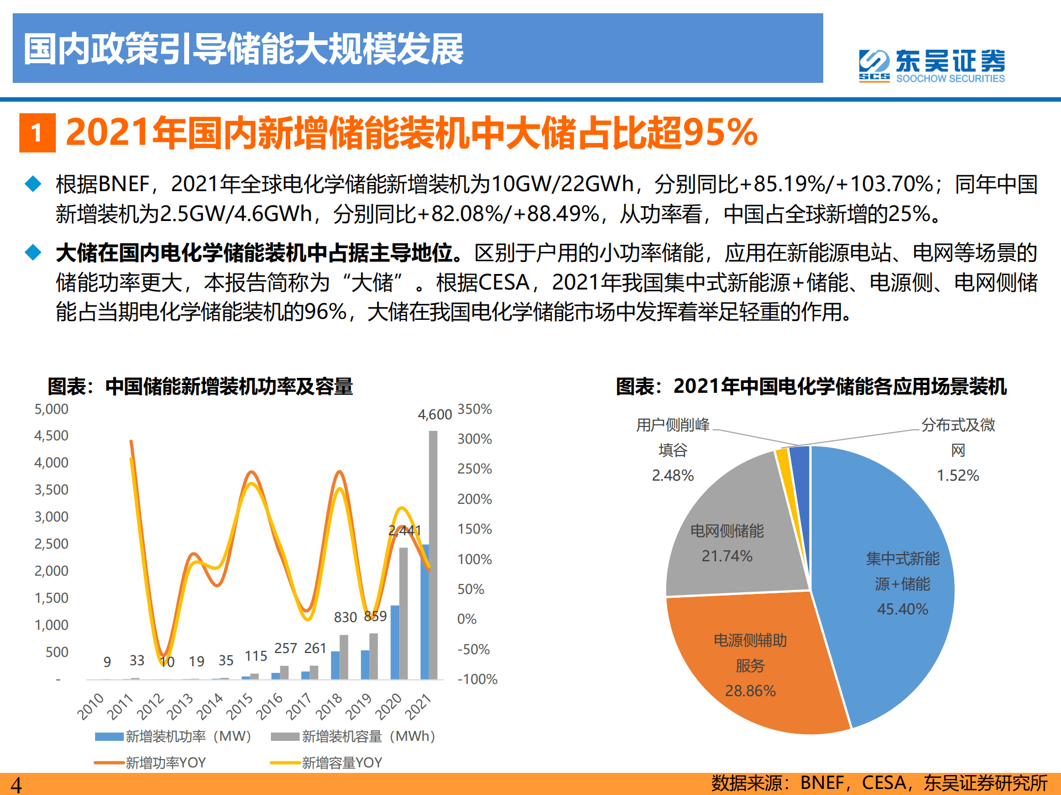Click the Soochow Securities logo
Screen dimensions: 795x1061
[932, 66]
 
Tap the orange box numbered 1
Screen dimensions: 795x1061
[37, 133]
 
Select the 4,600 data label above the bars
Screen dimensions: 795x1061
[435, 414]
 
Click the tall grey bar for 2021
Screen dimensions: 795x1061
[433, 552]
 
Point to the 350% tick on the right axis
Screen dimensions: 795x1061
[474, 409]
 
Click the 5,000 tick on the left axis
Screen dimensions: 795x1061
[51, 409]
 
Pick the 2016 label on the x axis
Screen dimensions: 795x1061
[270, 706]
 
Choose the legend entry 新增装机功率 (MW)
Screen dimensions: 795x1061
[173, 736]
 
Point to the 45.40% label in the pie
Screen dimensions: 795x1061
[902, 609]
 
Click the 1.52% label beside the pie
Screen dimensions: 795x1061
[958, 475]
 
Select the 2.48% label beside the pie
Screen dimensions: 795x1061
[672, 475]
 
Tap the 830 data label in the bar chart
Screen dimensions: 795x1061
[345, 617]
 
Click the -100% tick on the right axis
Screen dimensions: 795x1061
[477, 679]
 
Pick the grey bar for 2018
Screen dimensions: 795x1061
[344, 657]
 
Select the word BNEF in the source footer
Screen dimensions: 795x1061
[822, 783]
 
